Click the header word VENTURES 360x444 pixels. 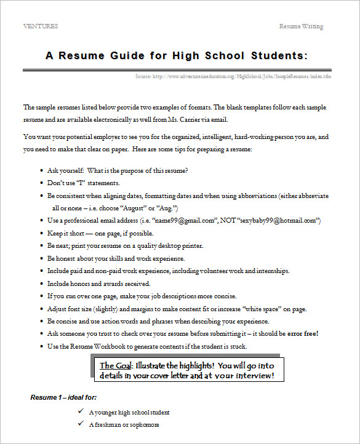click(x=41, y=26)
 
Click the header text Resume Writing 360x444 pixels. click(x=301, y=26)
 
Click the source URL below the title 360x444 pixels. click(x=233, y=76)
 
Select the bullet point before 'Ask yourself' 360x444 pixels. click(x=41, y=170)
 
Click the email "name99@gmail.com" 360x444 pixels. click(x=187, y=220)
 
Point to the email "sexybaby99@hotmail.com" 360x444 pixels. click(x=281, y=220)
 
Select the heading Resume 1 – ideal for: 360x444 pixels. click(x=63, y=398)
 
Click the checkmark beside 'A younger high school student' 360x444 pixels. click(x=81, y=412)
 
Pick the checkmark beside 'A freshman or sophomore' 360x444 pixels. click(x=81, y=424)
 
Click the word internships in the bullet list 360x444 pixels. click(x=272, y=271)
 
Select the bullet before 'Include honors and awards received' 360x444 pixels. click(x=41, y=283)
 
